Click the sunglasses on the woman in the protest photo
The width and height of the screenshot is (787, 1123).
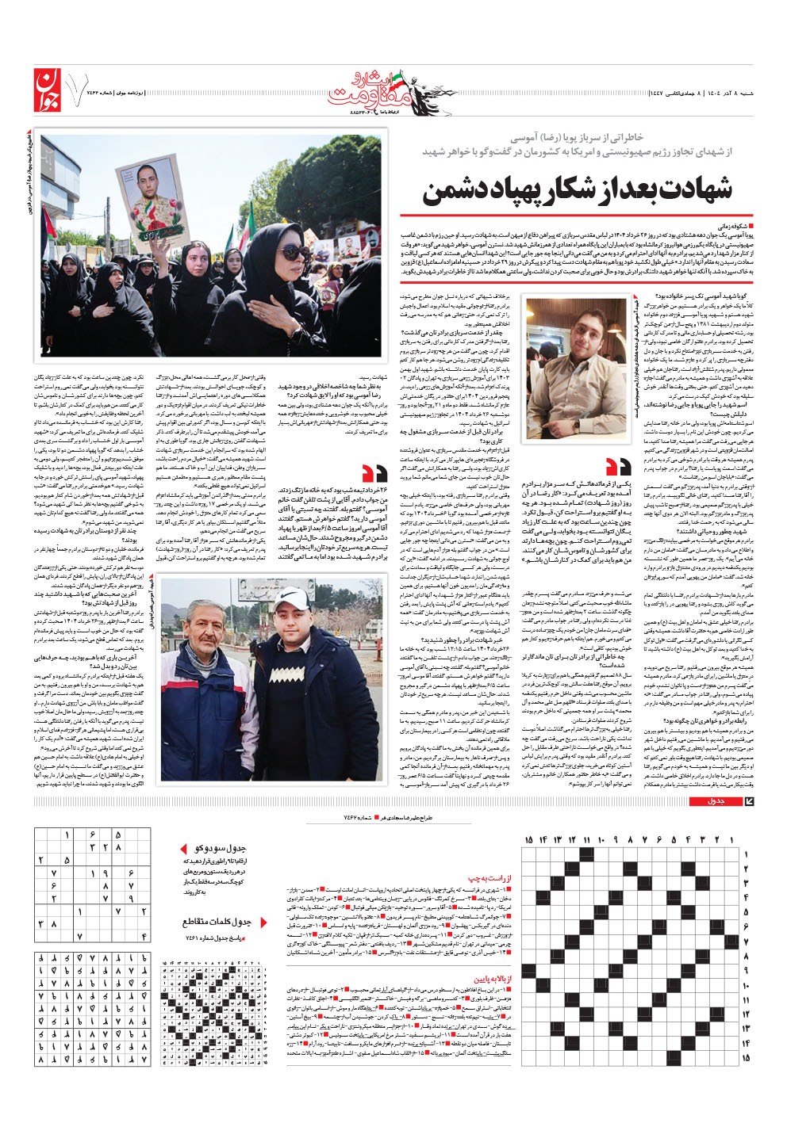click(x=294, y=252)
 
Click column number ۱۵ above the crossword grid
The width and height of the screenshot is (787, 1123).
click(x=530, y=839)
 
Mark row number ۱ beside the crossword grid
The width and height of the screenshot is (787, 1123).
click(x=746, y=854)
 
